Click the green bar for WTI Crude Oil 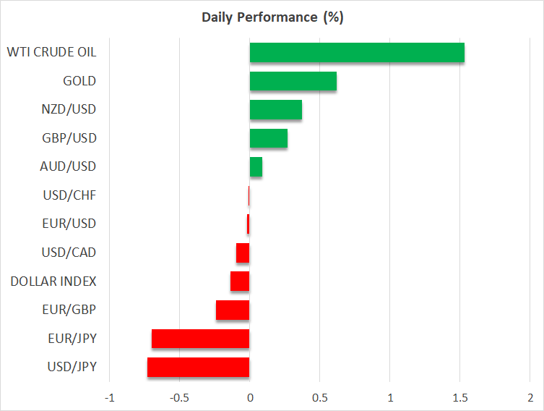point(357,53)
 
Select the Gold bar point(293,81)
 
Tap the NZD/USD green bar point(275,110)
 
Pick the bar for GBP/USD point(268,138)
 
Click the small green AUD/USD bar point(256,166)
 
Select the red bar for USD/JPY point(198,367)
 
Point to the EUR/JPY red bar point(200,339)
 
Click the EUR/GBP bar point(233,310)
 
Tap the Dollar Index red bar point(240,281)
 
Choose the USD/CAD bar point(243,253)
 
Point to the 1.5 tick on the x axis point(460,397)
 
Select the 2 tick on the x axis point(530,397)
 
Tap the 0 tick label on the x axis point(249,397)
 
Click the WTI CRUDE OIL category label point(51,52)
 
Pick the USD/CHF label point(69,195)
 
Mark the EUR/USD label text point(69,224)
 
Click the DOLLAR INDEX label point(53,281)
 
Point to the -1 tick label point(109,397)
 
